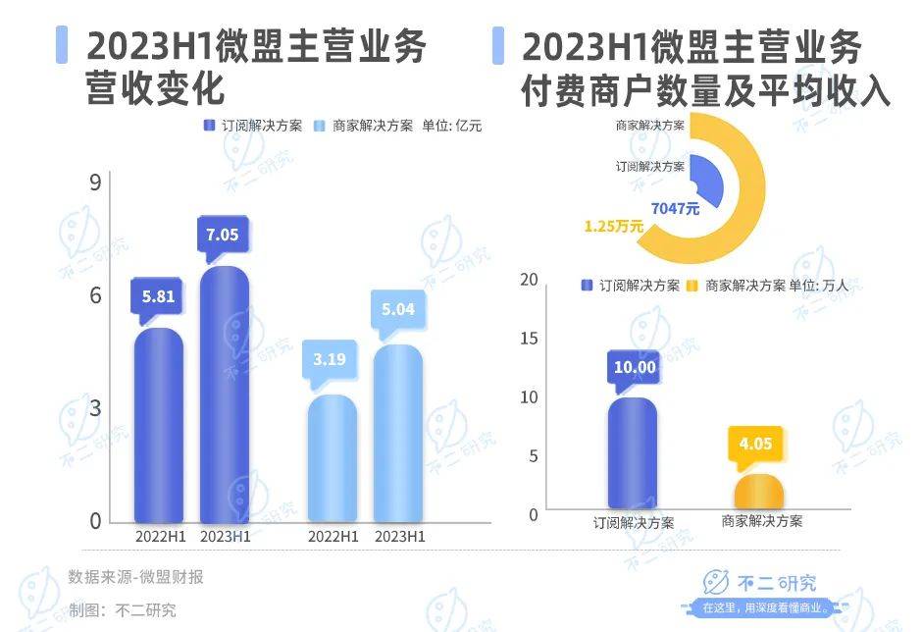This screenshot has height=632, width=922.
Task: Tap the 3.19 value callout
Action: pos(329,359)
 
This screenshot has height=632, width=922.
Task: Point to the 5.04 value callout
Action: pos(397,309)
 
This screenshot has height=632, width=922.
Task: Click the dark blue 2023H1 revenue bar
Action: pos(225,393)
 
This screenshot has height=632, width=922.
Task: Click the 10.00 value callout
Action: pos(633,367)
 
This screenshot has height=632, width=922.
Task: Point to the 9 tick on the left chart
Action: pos(95,184)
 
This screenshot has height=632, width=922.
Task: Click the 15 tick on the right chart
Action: pos(530,338)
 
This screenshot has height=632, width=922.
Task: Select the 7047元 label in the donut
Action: pos(675,208)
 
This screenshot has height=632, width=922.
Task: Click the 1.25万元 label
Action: pos(613,226)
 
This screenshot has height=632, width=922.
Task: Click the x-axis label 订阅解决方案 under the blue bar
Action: pos(634,522)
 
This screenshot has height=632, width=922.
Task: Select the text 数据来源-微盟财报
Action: pos(135,577)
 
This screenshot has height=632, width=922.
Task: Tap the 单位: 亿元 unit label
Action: pos(452,126)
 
